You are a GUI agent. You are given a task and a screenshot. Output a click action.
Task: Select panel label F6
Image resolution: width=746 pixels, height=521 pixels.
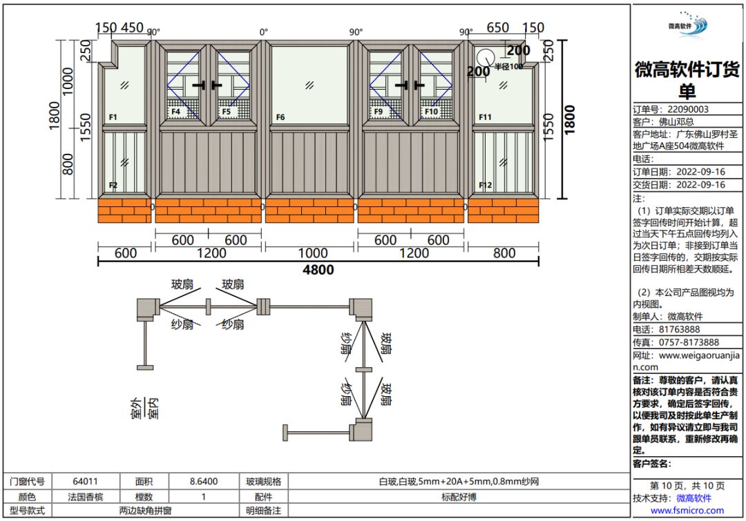click(280, 117)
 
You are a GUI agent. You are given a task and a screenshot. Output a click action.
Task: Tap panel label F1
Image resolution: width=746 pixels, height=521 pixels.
click(113, 117)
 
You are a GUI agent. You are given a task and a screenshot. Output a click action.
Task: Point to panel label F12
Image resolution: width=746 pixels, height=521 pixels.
click(486, 185)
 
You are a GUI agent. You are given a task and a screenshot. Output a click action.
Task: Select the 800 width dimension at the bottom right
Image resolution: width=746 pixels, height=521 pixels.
click(504, 253)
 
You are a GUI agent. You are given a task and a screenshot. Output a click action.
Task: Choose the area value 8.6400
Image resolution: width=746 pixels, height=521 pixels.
click(204, 481)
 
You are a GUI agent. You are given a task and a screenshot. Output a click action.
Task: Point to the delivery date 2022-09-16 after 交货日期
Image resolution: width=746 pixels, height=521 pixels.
click(700, 185)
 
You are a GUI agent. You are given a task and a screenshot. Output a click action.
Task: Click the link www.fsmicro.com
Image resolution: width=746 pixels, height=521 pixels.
click(687, 511)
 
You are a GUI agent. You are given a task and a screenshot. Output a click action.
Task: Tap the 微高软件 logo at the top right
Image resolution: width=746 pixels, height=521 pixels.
click(688, 23)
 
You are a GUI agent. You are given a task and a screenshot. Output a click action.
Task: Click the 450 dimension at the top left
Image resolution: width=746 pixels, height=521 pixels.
click(132, 28)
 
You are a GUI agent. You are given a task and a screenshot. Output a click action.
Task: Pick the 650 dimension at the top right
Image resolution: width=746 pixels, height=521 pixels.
click(497, 28)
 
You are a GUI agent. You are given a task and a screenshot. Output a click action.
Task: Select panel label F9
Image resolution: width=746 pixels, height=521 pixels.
click(378, 111)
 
